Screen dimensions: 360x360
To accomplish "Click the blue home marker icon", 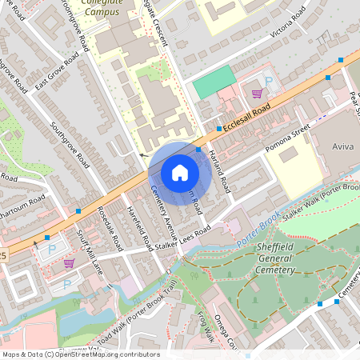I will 180,172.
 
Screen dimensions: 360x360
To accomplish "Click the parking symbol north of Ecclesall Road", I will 269,82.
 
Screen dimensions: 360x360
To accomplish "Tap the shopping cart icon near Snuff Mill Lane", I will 69,262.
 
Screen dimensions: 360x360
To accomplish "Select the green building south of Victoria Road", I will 214,82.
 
